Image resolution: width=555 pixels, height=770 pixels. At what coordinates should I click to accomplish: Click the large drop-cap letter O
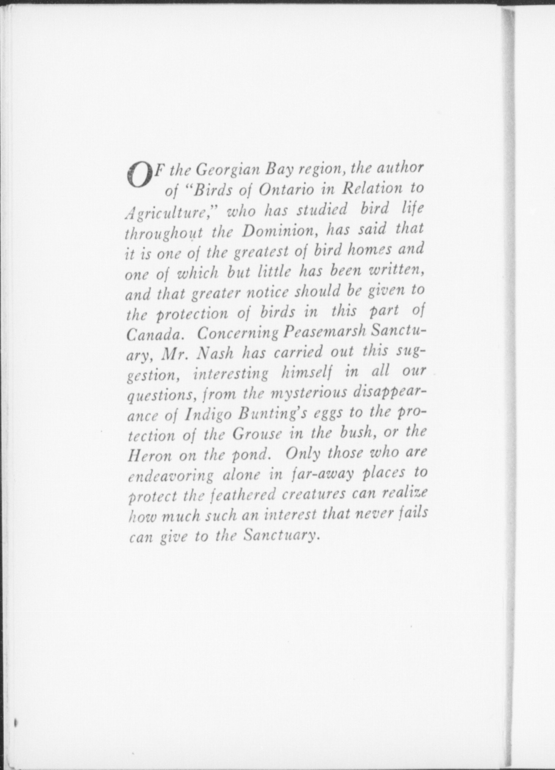[139, 175]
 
